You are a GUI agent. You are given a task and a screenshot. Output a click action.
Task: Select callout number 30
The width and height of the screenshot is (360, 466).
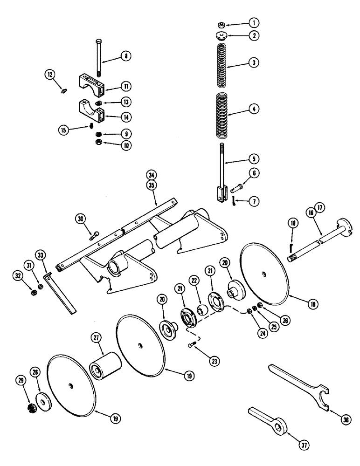(x=80, y=218)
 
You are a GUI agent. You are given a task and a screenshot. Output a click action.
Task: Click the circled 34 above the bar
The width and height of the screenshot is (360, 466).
(x=150, y=175)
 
